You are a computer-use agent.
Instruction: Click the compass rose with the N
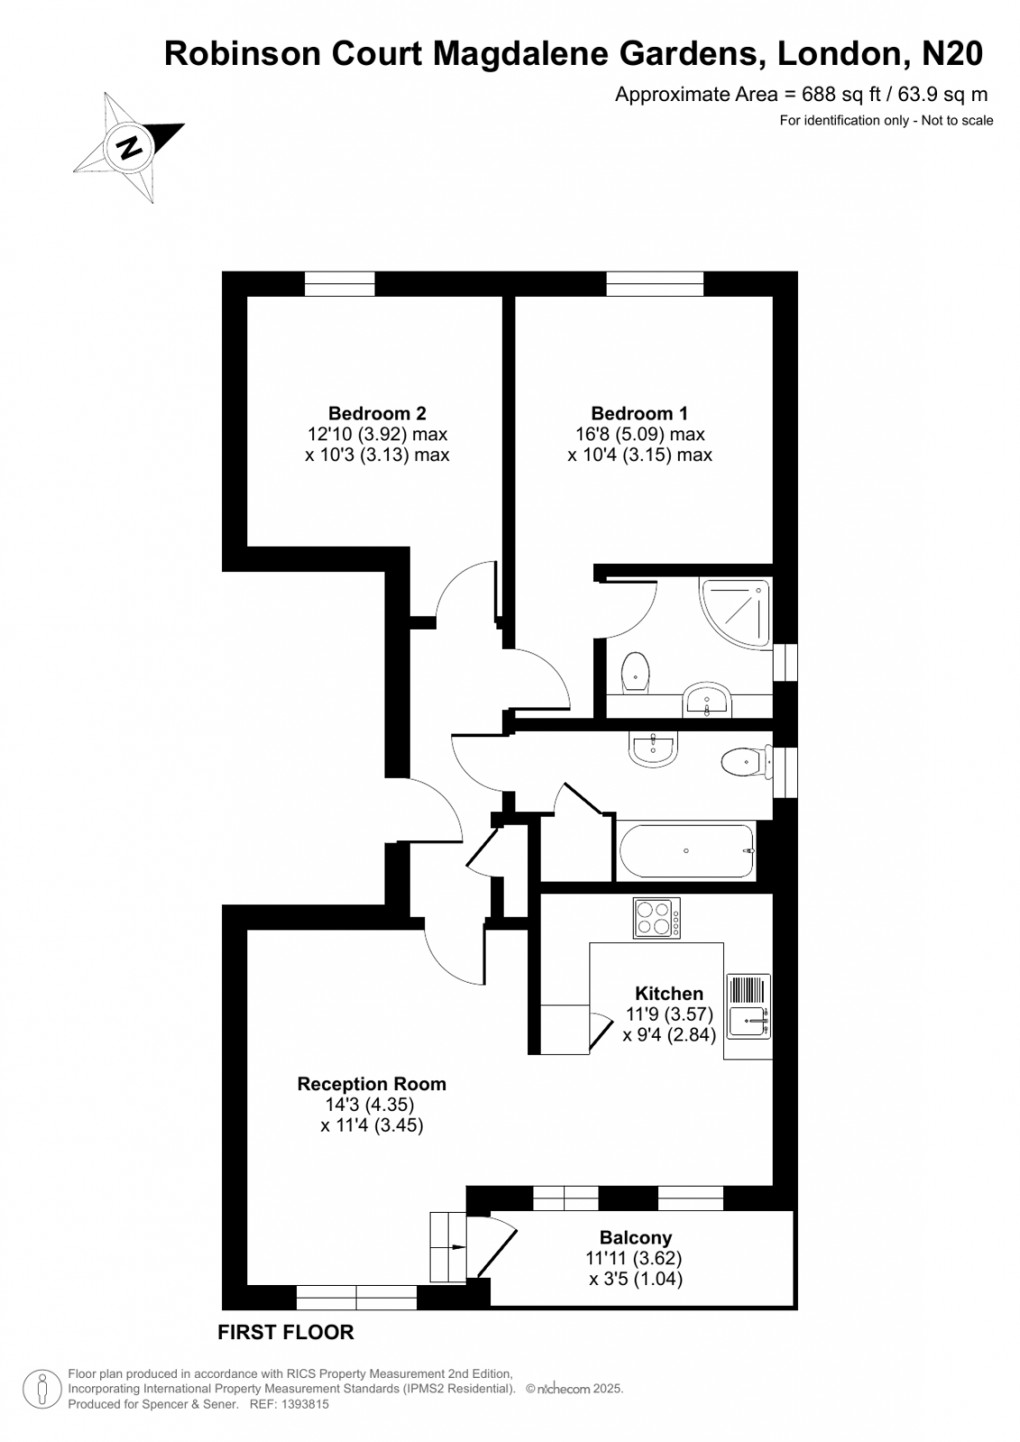coord(129,148)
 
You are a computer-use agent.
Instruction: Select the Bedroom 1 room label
coord(639,413)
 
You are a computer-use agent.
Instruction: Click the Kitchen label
coord(669,993)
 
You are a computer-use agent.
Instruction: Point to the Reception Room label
coord(371,1084)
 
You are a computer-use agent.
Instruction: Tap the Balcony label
coord(635,1238)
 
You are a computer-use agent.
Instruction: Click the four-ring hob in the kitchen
coord(656,918)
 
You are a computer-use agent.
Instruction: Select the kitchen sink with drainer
coord(748,1006)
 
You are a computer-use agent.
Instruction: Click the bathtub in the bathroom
coord(687,851)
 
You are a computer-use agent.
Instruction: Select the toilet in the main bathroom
coord(744,763)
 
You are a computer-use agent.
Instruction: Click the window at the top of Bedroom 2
coord(339,284)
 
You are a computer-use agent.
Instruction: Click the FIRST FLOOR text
coord(286,1332)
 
